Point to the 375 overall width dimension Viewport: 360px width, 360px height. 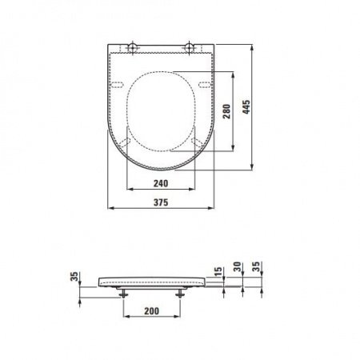tap(161, 202)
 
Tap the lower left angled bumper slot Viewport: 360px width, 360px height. tap(126, 141)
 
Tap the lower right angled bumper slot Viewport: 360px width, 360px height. tap(197, 141)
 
